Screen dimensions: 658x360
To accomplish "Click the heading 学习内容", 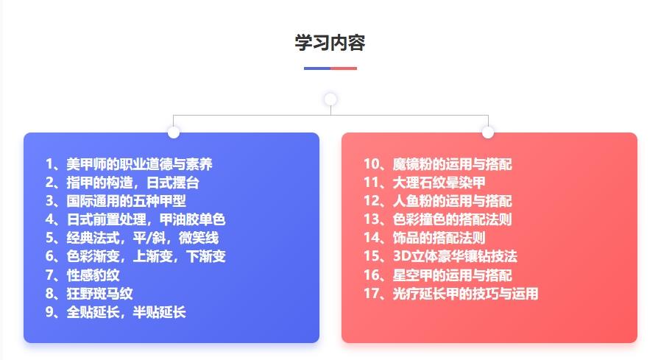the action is pos(330,43).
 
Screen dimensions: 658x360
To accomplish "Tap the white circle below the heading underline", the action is pos(330,99).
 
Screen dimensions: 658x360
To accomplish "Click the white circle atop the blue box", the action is pos(173,133).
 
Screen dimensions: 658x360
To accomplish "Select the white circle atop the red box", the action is pos(488,133).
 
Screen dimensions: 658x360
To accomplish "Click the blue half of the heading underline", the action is pos(317,68).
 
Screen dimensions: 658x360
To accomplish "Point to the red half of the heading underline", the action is pos(344,68).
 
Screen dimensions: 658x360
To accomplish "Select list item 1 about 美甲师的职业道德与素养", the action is pos(129,164).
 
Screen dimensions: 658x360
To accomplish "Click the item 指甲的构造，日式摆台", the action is pos(122,183).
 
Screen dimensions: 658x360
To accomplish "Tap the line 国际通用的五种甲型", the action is pos(116,201).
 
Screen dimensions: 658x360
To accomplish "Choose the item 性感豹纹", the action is pos(82,275).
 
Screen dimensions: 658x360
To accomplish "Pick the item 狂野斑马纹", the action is pos(89,294).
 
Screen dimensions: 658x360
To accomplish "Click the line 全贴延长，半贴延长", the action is pos(116,312).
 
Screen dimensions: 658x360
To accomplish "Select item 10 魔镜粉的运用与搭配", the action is pos(438,164).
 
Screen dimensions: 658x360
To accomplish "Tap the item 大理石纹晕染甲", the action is pos(424,183).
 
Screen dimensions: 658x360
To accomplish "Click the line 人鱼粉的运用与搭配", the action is pos(438,201).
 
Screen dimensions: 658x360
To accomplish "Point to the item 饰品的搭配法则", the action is pos(424,238).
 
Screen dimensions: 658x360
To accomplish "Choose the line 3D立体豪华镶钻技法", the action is pos(440,256).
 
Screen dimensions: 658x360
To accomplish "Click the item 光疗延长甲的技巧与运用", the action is pos(450,294).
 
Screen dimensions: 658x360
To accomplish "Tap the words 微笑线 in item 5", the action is pos(199,238).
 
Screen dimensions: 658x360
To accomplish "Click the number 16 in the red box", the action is pos(372,275).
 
